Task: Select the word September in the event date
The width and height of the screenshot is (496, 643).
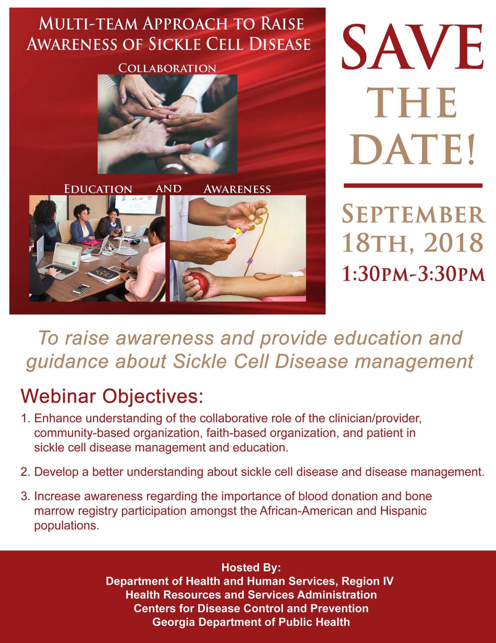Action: point(414,215)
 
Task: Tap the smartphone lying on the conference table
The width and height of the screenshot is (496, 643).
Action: point(81,289)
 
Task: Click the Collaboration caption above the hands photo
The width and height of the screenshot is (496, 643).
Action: point(167,68)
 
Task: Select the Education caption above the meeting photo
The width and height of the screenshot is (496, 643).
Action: point(98,189)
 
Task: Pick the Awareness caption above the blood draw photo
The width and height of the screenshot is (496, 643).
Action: point(237,189)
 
